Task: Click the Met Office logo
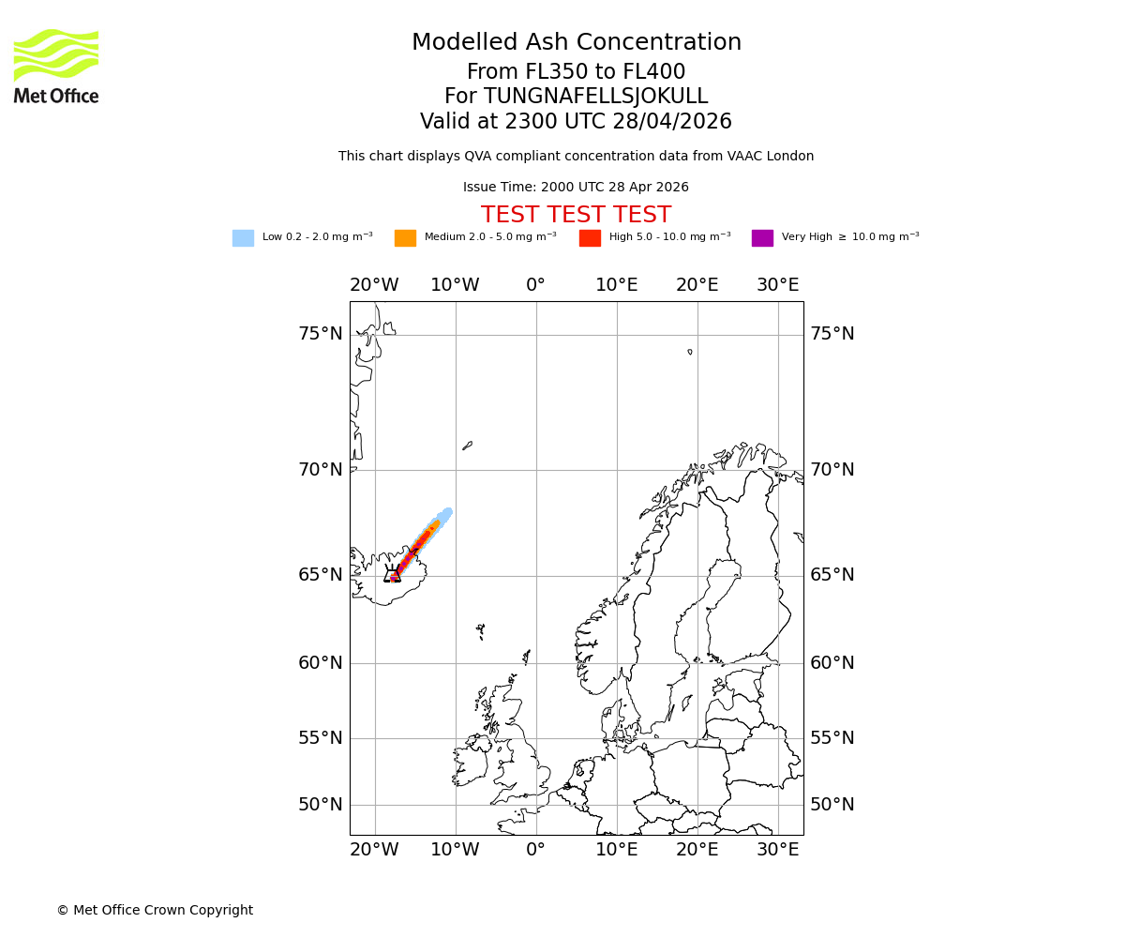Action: coord(56,66)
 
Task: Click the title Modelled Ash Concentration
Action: coord(577,43)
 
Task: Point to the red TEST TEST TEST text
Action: coord(576,216)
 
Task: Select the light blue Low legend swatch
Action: coord(243,238)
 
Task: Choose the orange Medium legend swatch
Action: coord(405,238)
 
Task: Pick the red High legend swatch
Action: coord(590,238)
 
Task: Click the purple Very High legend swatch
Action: coord(762,238)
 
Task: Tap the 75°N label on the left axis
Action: coord(321,334)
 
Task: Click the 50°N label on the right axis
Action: coord(832,805)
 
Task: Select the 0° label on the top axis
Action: coord(535,285)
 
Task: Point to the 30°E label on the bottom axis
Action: coord(778,850)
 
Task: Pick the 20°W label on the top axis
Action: coord(374,285)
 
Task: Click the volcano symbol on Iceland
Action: coord(392,574)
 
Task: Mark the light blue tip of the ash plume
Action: coord(447,512)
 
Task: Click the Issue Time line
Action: coord(576,188)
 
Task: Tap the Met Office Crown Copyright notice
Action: coord(155,911)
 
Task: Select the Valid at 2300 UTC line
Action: coord(576,122)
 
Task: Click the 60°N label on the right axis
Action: coord(832,663)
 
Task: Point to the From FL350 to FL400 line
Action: coord(576,72)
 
